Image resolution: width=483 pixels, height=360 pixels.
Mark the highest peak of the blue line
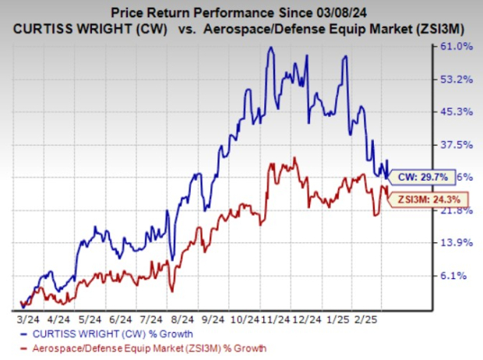(270, 48)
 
